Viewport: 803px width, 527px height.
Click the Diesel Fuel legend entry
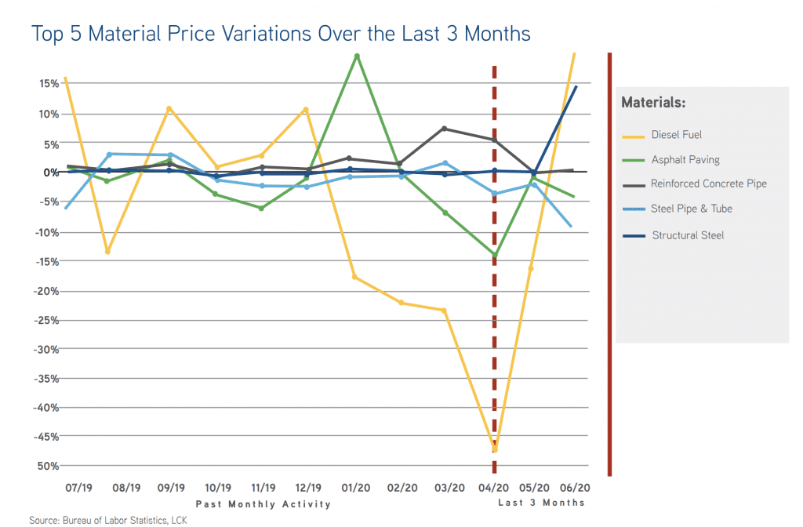coord(676,135)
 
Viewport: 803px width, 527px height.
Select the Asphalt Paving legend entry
coord(685,160)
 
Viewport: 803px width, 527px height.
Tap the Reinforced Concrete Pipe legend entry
coord(708,184)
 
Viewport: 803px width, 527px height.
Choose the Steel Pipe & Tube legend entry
coord(691,209)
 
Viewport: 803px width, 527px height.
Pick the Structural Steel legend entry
coord(688,235)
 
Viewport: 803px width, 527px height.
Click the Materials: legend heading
coord(653,103)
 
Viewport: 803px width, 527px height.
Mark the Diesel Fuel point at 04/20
coord(494,450)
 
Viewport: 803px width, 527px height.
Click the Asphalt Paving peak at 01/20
coord(357,56)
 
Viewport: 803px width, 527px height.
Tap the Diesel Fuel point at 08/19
coord(107,252)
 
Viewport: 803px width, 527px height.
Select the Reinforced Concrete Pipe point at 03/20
coord(445,129)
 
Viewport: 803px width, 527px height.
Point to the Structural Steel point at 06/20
coord(576,86)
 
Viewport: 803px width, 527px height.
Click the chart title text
coord(281,34)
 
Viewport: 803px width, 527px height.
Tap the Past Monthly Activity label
coord(263,504)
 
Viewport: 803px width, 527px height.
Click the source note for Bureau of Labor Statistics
coord(107,520)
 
